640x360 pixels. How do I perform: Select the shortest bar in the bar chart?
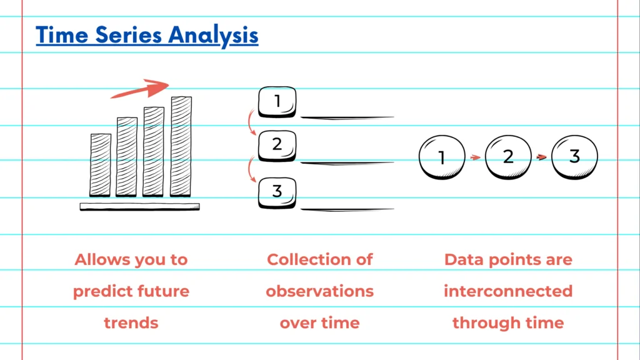click(101, 165)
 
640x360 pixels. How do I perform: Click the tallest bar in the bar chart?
click(181, 146)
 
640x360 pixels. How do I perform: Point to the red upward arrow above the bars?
click(141, 90)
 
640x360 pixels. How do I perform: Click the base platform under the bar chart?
click(139, 206)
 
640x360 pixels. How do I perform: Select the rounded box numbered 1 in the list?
click(277, 101)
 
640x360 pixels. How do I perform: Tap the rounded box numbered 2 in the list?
click(277, 146)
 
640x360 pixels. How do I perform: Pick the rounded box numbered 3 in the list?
click(277, 192)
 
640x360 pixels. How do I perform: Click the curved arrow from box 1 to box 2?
click(251, 124)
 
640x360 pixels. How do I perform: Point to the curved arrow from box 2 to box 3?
click(251, 169)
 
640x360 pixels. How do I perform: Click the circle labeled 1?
click(442, 157)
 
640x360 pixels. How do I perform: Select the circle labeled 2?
click(508, 157)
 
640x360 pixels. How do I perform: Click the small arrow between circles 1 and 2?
click(475, 157)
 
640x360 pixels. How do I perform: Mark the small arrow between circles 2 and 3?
click(542, 157)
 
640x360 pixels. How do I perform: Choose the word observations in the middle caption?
click(319, 291)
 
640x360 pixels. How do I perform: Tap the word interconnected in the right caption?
click(508, 291)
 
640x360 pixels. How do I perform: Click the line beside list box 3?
click(347, 209)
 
